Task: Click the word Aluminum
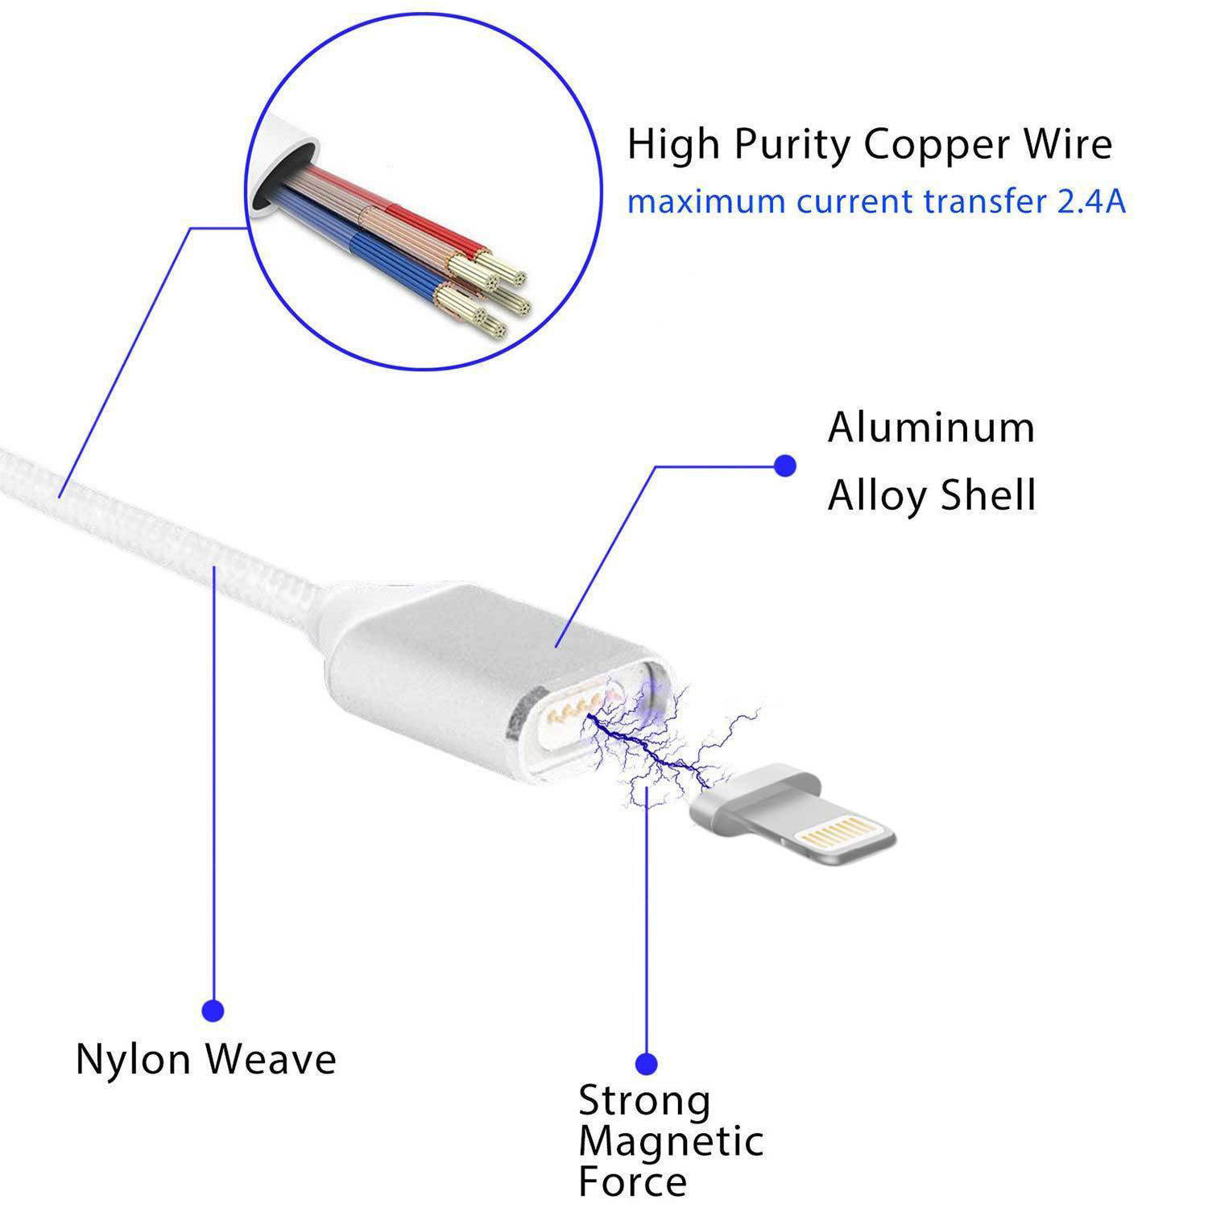tap(930, 428)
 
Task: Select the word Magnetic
tap(670, 1141)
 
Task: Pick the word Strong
tap(644, 1101)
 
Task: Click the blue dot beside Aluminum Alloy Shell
tap(784, 465)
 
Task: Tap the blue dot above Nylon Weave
tap(213, 1011)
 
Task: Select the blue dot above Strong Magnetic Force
tap(646, 1064)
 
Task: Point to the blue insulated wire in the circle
tap(387, 258)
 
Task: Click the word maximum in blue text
tap(706, 201)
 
